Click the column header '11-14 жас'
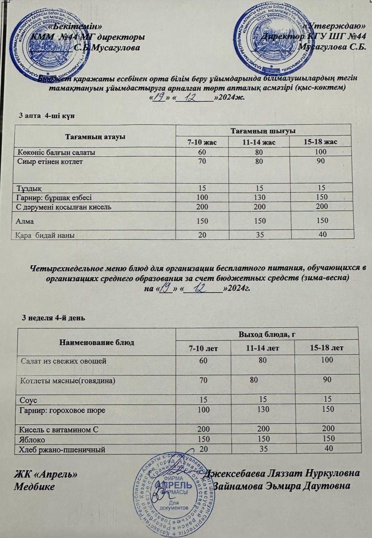(x=259, y=142)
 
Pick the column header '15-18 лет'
(x=326, y=348)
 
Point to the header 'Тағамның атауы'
(x=95, y=137)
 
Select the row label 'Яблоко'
(x=33, y=439)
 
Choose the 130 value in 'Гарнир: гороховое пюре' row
(x=263, y=409)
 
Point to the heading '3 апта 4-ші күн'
(x=47, y=116)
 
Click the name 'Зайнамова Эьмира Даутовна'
(x=282, y=486)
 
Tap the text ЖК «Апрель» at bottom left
(x=45, y=474)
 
